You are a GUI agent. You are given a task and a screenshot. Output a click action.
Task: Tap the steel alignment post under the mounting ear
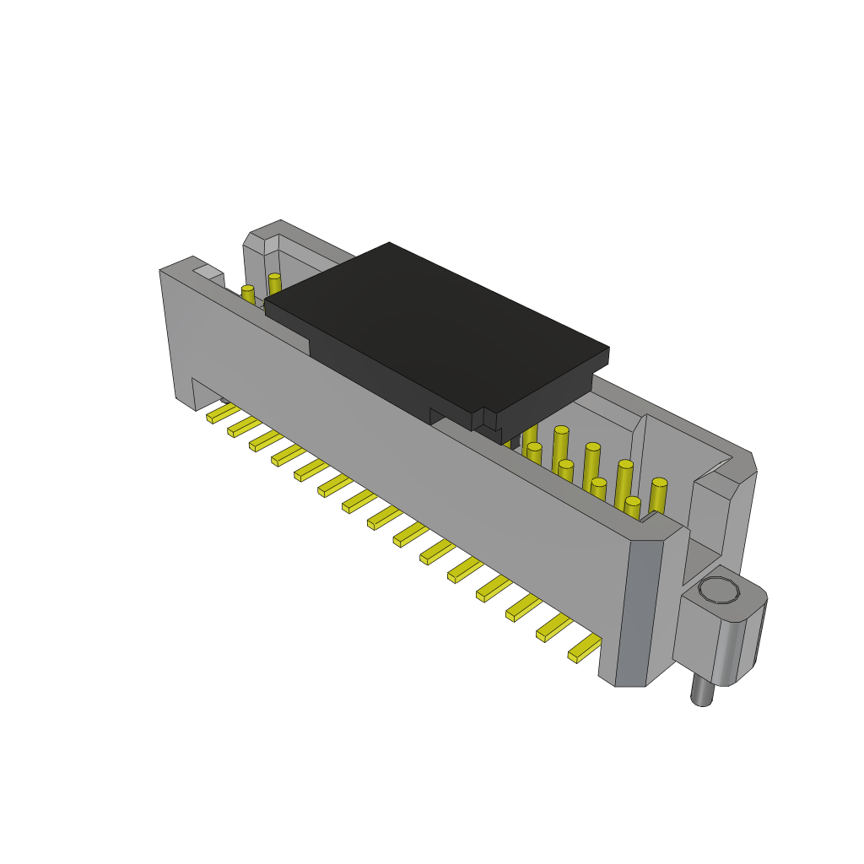pyautogui.click(x=701, y=689)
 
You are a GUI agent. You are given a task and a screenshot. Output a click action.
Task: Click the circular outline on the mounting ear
pyautogui.click(x=719, y=590)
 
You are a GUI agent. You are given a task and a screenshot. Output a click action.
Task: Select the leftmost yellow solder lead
pyautogui.click(x=222, y=413)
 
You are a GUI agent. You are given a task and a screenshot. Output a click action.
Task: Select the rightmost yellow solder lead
pyautogui.click(x=584, y=648)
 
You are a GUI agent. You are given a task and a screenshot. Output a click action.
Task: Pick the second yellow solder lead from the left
pyautogui.click(x=243, y=426)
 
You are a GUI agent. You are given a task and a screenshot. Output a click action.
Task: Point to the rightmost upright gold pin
pyautogui.click(x=658, y=495)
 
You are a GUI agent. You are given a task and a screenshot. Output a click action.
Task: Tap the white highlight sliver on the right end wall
pyautogui.click(x=714, y=469)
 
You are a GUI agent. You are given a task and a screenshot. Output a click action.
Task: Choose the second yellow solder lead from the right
pyautogui.click(x=553, y=627)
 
